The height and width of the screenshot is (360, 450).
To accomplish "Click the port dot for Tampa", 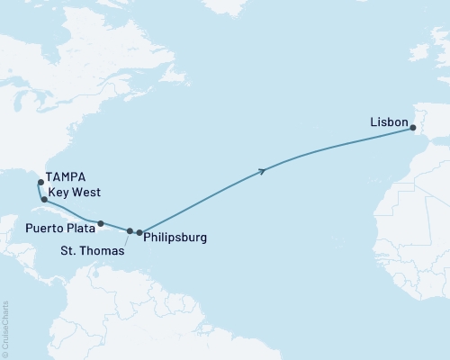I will (x=40, y=183).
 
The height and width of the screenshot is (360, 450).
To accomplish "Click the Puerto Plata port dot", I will (x=101, y=223).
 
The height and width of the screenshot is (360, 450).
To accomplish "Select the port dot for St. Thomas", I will (x=130, y=231).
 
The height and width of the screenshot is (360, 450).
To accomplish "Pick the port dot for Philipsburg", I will (x=139, y=233).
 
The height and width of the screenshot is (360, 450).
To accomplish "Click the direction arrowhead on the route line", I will (x=262, y=170).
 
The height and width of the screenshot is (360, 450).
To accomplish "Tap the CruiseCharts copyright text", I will (x=5, y=328).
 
